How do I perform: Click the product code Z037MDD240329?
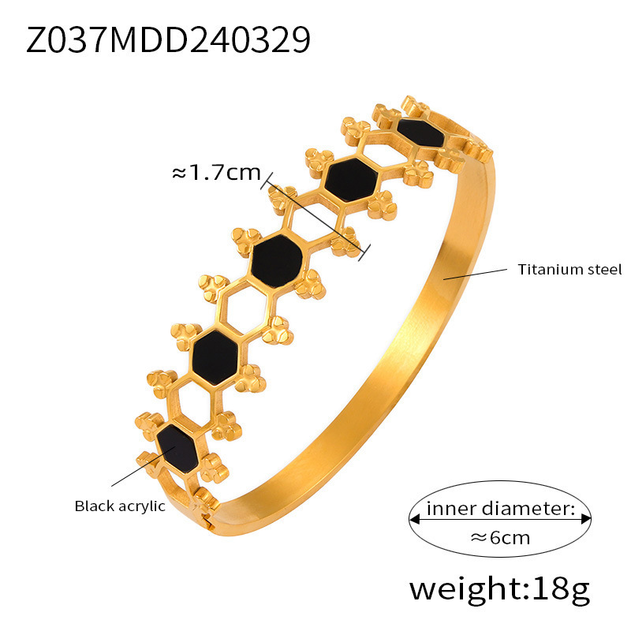pyautogui.click(x=168, y=40)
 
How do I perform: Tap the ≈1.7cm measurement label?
pyautogui.click(x=215, y=172)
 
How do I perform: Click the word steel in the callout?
pyautogui.click(x=603, y=270)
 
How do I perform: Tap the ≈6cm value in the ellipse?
pyautogui.click(x=500, y=539)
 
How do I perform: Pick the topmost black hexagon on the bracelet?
pyautogui.click(x=422, y=131)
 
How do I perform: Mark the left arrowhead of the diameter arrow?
pyautogui.click(x=413, y=519)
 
